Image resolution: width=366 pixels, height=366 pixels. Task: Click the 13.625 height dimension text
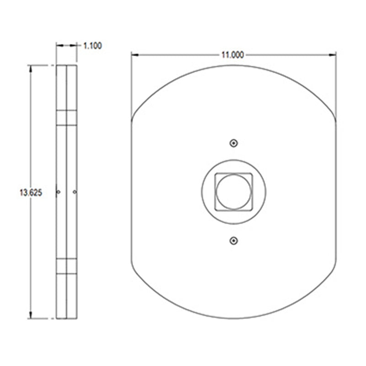click(x=31, y=193)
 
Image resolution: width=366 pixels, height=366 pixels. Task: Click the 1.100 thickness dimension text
click(x=92, y=45)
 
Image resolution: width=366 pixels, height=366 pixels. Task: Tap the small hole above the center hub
click(x=234, y=143)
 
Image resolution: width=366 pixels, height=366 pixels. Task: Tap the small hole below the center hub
click(x=234, y=240)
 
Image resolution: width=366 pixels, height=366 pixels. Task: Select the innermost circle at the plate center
click(x=233, y=191)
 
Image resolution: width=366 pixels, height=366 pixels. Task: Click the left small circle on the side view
click(x=58, y=192)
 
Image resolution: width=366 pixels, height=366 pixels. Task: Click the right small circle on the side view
click(x=75, y=192)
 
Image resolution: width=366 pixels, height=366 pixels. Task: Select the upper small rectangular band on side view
click(x=66, y=118)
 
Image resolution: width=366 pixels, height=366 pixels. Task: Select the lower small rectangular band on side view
click(x=66, y=266)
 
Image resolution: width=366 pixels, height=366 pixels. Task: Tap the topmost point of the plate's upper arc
click(x=234, y=65)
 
